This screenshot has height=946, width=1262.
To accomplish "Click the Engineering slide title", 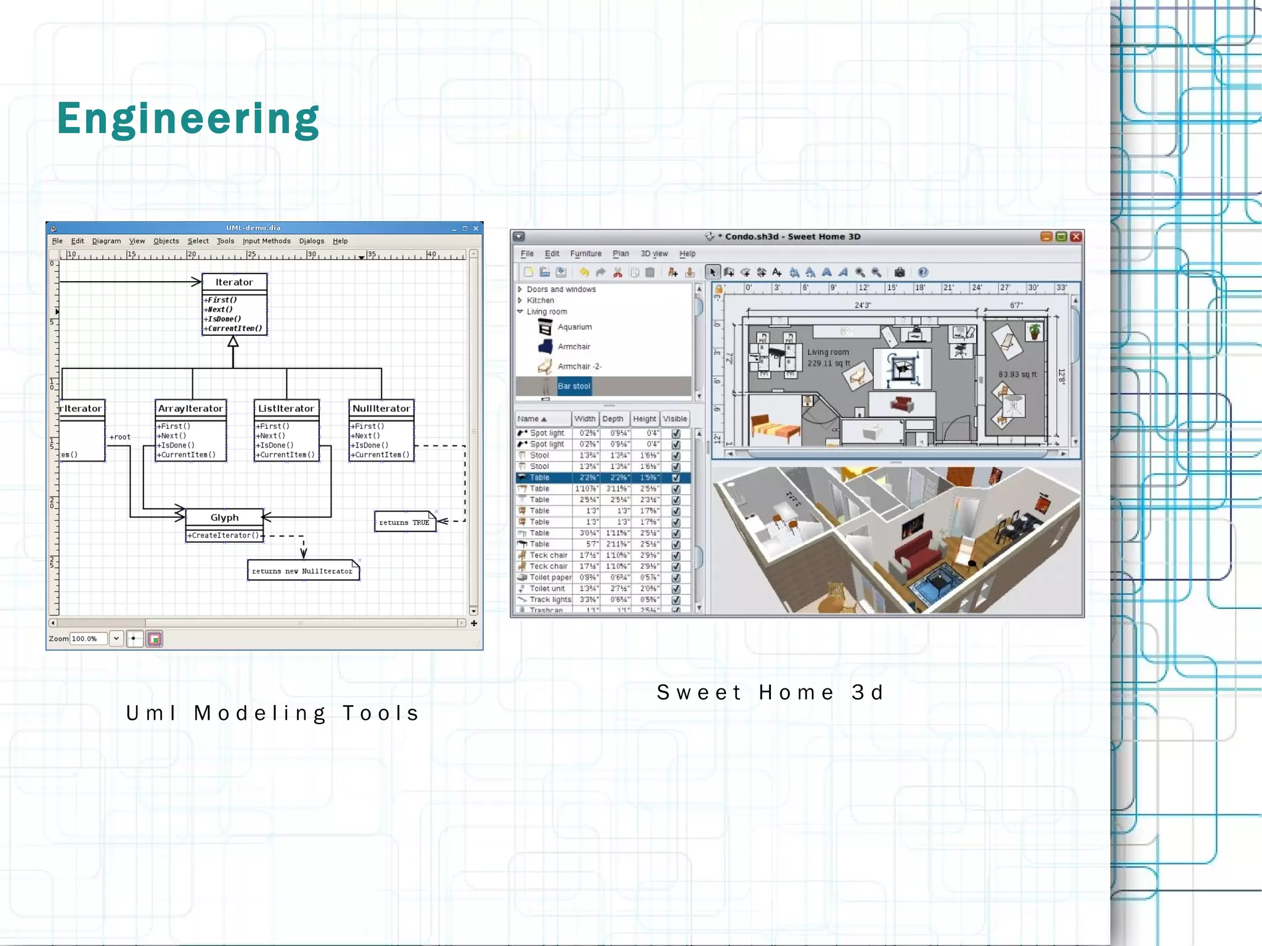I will tap(188, 118).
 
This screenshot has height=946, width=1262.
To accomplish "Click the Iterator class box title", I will tap(234, 282).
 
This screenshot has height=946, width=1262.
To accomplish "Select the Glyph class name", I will tap(224, 518).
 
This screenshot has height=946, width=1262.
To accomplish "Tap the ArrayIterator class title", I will tap(190, 409).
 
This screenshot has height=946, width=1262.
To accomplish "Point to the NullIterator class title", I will tap(381, 409).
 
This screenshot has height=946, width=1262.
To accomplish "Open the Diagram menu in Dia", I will tap(107, 241).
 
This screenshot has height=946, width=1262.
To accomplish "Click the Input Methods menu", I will tap(266, 241).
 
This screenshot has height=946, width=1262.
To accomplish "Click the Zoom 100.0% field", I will tap(88, 639).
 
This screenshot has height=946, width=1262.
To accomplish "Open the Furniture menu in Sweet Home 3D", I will tap(585, 253).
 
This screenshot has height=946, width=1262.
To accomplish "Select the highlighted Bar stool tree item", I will tap(574, 386).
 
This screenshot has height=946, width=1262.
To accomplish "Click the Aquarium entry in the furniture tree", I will tap(574, 327).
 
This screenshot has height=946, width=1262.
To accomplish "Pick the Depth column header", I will tap(613, 419).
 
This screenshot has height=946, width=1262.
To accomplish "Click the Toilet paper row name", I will tap(550, 577).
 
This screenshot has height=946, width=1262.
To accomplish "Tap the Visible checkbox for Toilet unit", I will tap(676, 589).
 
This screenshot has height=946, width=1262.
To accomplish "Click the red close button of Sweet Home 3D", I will tap(1076, 237).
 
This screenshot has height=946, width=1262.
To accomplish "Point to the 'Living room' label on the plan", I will tap(828, 353).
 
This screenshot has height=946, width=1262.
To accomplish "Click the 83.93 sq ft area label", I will tap(1017, 375).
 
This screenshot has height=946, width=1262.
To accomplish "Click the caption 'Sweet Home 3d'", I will tap(770, 693).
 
